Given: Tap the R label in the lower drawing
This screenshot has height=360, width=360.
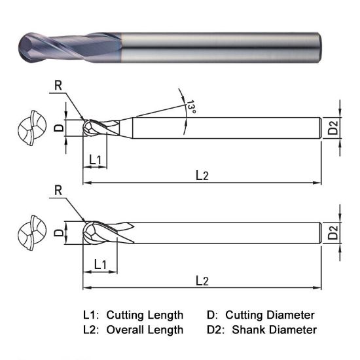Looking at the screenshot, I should pyautogui.click(x=58, y=191).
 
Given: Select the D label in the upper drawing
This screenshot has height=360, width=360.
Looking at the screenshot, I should pyautogui.click(x=58, y=128).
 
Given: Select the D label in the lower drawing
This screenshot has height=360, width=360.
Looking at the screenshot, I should pyautogui.click(x=58, y=233).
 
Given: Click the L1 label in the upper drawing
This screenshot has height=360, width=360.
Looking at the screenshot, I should pyautogui.click(x=94, y=160).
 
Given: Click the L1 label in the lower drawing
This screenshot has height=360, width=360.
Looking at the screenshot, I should pyautogui.click(x=100, y=264).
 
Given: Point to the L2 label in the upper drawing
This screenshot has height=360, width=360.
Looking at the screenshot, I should pyautogui.click(x=202, y=175).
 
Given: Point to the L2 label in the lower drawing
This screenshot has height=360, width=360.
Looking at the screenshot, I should pyautogui.click(x=202, y=280).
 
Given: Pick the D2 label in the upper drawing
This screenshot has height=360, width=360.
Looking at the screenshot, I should pyautogui.click(x=334, y=128).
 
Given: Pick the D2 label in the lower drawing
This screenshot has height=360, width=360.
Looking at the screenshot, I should pyautogui.click(x=334, y=233).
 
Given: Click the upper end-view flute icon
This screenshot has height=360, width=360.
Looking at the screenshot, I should pyautogui.click(x=30, y=128).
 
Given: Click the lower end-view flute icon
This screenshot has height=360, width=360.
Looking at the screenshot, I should pyautogui.click(x=30, y=233).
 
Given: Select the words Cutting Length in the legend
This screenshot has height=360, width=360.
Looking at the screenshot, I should pyautogui.click(x=145, y=315).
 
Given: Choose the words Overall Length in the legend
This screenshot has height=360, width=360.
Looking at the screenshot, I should pyautogui.click(x=145, y=330).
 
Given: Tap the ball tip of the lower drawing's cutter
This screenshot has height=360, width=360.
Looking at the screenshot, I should pyautogui.click(x=84, y=233).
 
